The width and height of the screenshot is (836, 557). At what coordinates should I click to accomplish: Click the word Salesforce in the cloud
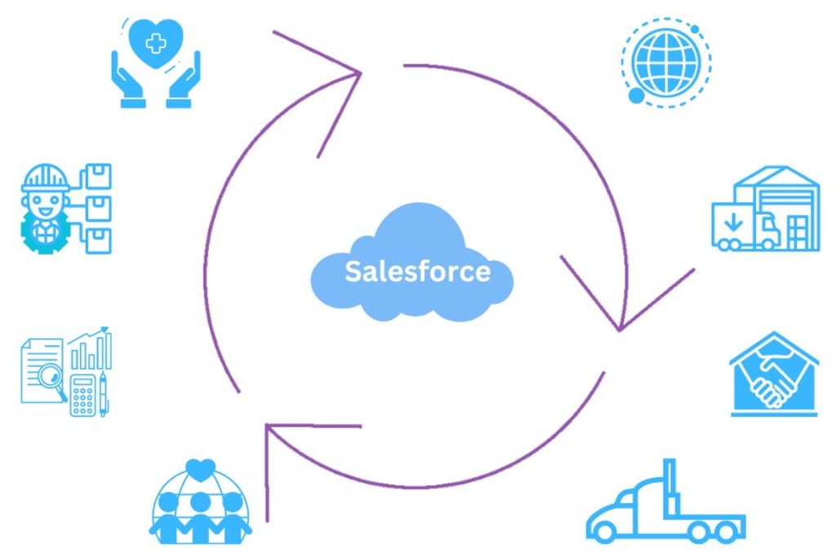(417, 271)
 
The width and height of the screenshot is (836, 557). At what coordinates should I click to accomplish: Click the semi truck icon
(665, 510)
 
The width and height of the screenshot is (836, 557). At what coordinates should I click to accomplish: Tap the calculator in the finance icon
(82, 395)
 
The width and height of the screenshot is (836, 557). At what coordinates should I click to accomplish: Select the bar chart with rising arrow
(91, 349)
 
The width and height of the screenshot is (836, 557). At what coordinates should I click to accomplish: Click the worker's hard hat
(46, 177)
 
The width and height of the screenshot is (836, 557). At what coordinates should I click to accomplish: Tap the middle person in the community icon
(200, 514)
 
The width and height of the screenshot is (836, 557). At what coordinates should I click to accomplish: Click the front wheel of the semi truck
(605, 532)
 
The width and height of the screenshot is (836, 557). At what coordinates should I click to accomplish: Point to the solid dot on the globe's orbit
(637, 96)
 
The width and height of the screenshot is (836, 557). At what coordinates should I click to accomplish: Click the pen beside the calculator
(104, 395)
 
